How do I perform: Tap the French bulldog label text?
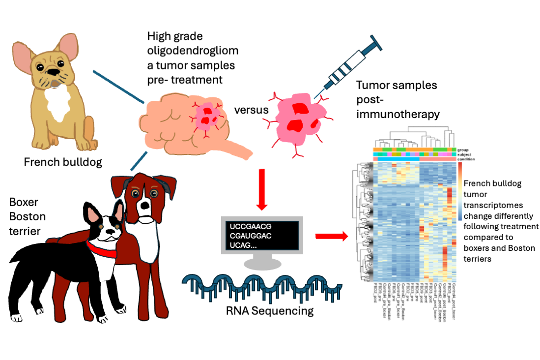(63, 162)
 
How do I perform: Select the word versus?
(252, 110)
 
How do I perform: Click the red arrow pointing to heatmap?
(331, 237)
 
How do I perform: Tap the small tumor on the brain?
(208, 115)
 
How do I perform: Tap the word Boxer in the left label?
(24, 202)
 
